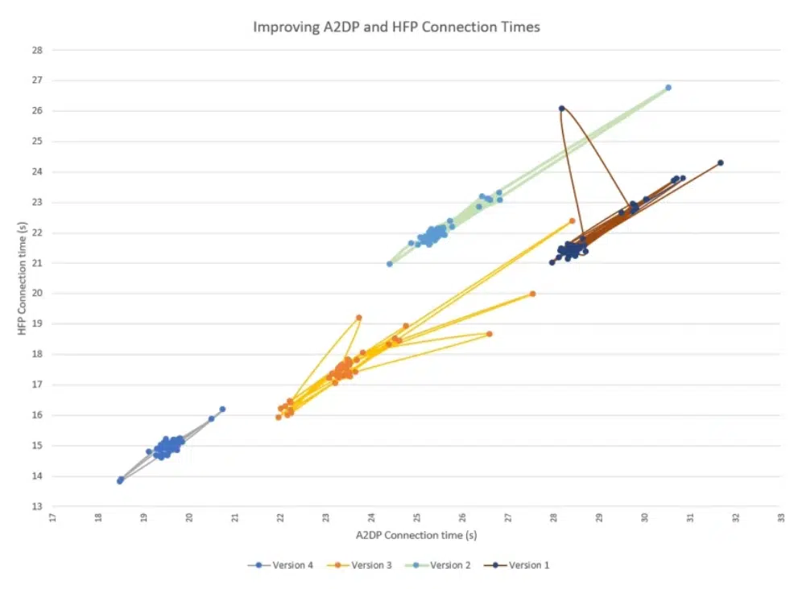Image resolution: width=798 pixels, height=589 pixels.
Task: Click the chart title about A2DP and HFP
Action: click(x=396, y=27)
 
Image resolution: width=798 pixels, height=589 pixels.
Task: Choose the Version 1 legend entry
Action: click(x=521, y=565)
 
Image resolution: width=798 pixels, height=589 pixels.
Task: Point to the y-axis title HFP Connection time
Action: click(x=23, y=278)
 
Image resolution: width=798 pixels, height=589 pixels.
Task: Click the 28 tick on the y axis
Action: click(x=36, y=50)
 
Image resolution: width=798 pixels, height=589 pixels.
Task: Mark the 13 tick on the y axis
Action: click(x=36, y=507)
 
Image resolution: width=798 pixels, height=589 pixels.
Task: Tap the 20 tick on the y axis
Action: click(x=36, y=294)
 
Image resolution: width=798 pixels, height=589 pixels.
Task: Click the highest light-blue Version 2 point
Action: click(x=668, y=88)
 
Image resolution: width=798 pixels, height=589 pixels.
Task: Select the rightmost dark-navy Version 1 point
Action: click(x=721, y=163)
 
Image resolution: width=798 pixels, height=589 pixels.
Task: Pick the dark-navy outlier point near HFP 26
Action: click(x=562, y=109)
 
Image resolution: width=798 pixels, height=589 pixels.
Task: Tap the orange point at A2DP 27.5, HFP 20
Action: click(x=532, y=294)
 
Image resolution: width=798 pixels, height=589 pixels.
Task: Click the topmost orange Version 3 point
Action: click(x=573, y=220)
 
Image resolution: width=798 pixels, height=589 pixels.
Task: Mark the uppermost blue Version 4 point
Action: click(x=222, y=409)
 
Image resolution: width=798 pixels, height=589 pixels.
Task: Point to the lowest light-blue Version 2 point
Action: click(x=390, y=264)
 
